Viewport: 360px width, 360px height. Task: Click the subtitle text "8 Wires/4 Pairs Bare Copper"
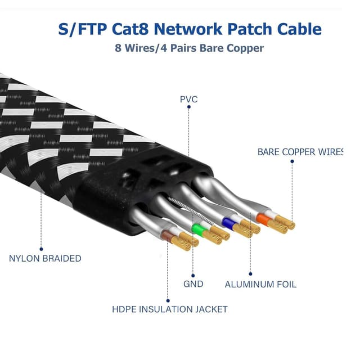(x=190, y=48)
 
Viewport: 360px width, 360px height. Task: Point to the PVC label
(x=188, y=100)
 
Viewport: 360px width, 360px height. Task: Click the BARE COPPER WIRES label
(x=300, y=152)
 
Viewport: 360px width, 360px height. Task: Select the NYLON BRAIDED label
(x=45, y=259)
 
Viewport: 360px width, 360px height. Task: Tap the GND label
(x=193, y=284)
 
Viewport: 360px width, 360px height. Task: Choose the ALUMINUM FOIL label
(x=260, y=285)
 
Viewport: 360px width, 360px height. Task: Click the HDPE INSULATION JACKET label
(x=169, y=309)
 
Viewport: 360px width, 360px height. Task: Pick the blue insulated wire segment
(x=228, y=223)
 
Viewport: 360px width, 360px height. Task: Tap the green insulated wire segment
(x=197, y=229)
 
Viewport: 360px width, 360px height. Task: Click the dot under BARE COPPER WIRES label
(x=292, y=161)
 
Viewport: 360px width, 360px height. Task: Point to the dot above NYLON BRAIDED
(x=41, y=249)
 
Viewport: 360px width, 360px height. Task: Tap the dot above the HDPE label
(x=168, y=300)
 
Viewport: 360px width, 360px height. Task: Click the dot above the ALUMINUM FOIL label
(x=251, y=274)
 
